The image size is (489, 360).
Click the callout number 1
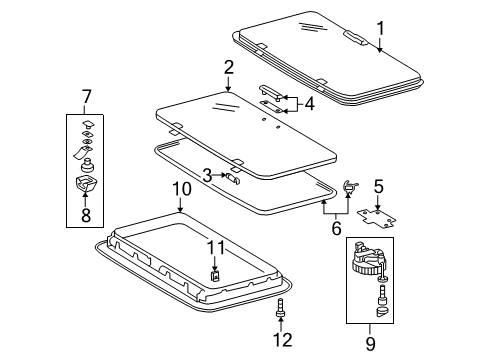[x=380, y=26]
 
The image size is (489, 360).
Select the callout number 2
[x=229, y=68]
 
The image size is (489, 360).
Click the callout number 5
[x=377, y=186]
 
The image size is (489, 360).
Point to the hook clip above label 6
[x=350, y=185]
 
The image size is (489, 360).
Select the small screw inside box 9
[x=382, y=297]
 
